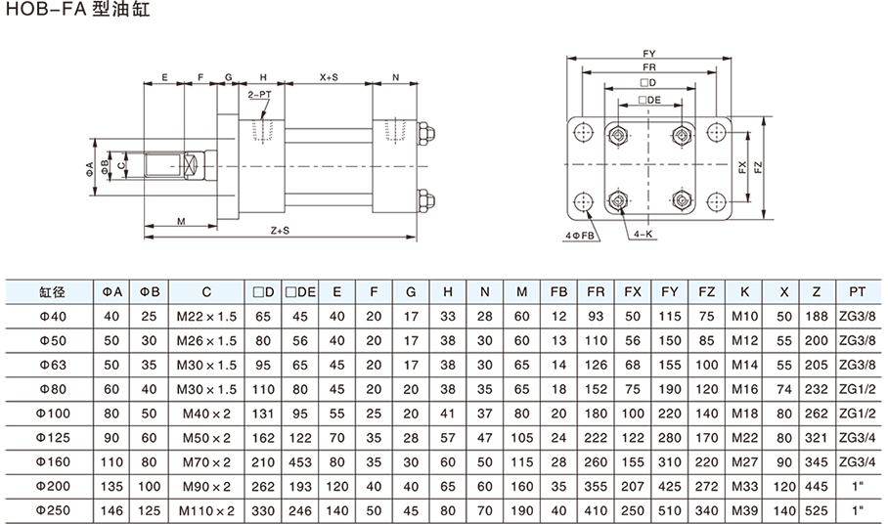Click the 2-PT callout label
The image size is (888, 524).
pos(259,94)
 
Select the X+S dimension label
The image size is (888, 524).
pos(330,76)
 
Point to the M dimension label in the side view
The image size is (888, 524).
pos(182,222)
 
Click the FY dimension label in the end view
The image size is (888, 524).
pos(649,53)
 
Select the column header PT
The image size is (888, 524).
pos(858,291)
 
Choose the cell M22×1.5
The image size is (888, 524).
pos(207,315)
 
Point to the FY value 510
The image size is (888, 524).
pos(670,509)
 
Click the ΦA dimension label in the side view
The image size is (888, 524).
pos(90,168)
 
